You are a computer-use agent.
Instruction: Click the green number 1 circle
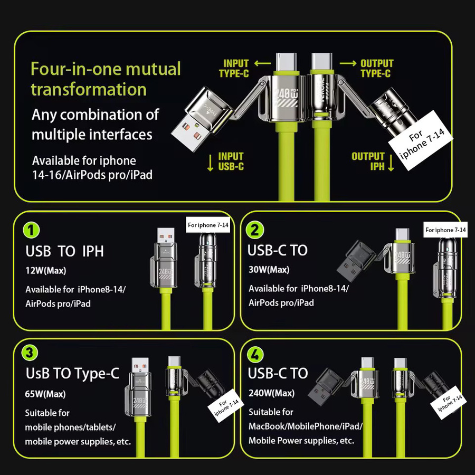pyautogui.click(x=31, y=230)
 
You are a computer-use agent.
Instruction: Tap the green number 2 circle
pyautogui.click(x=255, y=230)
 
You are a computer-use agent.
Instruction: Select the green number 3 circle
pyautogui.click(x=30, y=353)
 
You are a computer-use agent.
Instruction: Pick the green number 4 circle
pyautogui.click(x=255, y=354)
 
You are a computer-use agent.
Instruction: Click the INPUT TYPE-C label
pyautogui.click(x=234, y=69)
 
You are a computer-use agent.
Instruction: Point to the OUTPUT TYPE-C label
pyautogui.click(x=376, y=69)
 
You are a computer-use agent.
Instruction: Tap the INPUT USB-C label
pyautogui.click(x=231, y=161)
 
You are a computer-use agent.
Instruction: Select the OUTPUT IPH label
pyautogui.click(x=368, y=161)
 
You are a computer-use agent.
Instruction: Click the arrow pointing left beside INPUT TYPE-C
pyautogui.click(x=263, y=63)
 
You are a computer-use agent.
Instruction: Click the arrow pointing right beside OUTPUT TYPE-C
pyautogui.click(x=348, y=63)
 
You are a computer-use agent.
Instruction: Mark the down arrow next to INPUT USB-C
pyautogui.click(x=210, y=163)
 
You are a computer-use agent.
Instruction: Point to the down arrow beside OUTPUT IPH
pyautogui.click(x=391, y=163)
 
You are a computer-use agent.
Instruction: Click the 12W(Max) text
pyautogui.click(x=46, y=270)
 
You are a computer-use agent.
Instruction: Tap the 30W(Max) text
pyautogui.click(x=269, y=269)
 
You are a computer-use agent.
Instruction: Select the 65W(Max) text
pyautogui.click(x=45, y=394)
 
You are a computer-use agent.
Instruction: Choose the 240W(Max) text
pyautogui.click(x=271, y=393)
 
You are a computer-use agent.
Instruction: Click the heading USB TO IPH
pyautogui.click(x=64, y=251)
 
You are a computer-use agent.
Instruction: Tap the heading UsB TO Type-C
pyautogui.click(x=72, y=374)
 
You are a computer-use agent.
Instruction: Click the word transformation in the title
pyautogui.click(x=89, y=89)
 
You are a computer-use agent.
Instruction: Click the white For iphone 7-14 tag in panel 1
pyautogui.click(x=208, y=225)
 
